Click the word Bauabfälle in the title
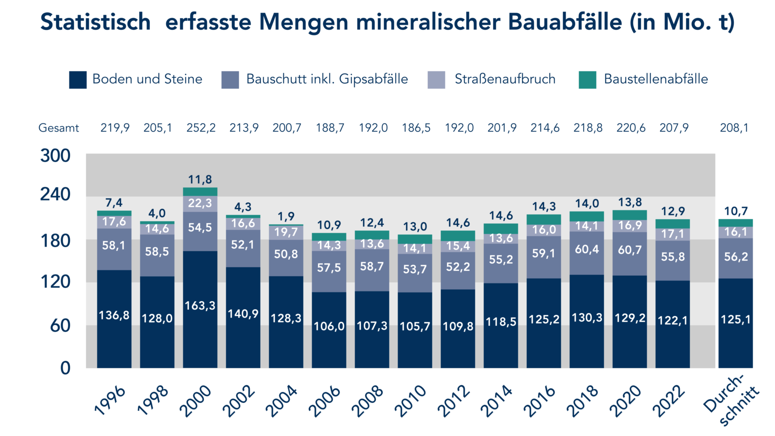(x=565, y=22)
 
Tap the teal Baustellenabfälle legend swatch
(x=587, y=80)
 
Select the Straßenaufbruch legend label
(x=505, y=79)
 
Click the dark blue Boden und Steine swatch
(x=77, y=80)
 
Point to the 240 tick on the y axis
(x=55, y=195)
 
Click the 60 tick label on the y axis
(x=60, y=325)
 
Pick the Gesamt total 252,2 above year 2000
(x=201, y=128)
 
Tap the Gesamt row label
(x=59, y=128)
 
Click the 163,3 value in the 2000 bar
(x=200, y=306)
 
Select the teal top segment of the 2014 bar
(x=501, y=228)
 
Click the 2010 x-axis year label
(x=410, y=401)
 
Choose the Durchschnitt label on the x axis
(x=731, y=400)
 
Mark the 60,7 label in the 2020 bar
(x=630, y=250)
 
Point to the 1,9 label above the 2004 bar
(x=286, y=216)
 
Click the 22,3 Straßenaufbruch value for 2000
(x=200, y=203)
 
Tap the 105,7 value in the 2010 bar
(x=415, y=326)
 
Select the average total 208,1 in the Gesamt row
(x=734, y=128)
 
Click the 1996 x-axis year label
(x=109, y=401)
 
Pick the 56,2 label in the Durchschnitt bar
(x=736, y=257)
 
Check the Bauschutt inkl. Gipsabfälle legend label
(x=327, y=79)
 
